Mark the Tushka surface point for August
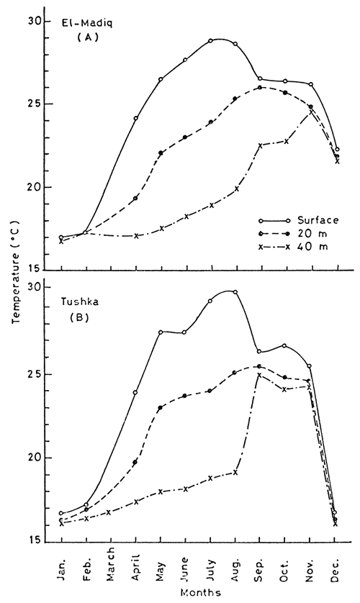pos(235,292)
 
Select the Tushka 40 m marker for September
pos(259,375)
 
